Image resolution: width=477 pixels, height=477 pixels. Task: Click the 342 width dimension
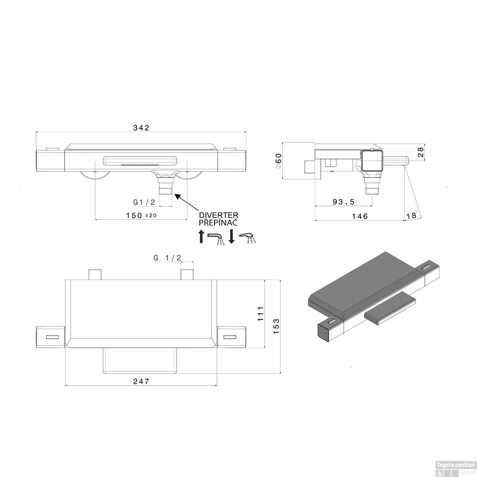coord(141,128)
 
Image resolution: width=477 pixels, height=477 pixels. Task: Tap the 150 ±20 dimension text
coord(141,215)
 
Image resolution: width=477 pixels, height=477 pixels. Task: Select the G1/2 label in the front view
coord(144,202)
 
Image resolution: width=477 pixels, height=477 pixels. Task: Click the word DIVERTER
coord(218,215)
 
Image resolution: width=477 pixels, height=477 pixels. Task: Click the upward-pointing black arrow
coord(201,236)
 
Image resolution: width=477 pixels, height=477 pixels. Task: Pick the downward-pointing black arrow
coord(232,236)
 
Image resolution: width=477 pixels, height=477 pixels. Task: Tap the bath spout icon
coord(216,238)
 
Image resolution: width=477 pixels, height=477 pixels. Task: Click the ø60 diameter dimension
coord(279,161)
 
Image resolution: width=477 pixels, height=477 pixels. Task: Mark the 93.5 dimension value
coord(343,202)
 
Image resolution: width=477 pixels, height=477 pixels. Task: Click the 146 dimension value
coord(360,216)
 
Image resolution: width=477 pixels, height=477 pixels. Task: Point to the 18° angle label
coord(411,215)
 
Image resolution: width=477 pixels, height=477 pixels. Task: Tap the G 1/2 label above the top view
coord(167,258)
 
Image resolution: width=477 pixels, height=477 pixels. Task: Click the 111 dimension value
coord(261,314)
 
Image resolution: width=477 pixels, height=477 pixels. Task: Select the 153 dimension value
coord(276,326)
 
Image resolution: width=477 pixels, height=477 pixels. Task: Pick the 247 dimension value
coord(141,381)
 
